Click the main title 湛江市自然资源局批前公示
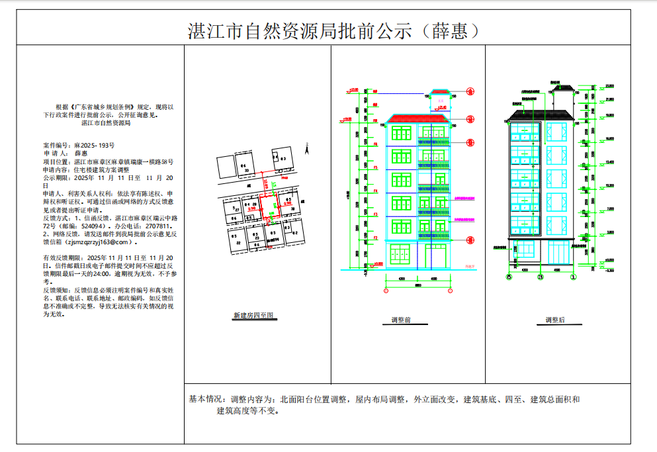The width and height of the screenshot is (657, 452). pos(302,32)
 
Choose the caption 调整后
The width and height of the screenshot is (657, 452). pos(555,320)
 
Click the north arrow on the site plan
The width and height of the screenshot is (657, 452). pos(308,147)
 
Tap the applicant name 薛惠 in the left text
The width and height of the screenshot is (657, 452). pos(81,153)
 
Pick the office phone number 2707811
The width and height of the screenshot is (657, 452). pos(146,226)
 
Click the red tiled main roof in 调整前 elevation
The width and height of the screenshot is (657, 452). pos(419,119)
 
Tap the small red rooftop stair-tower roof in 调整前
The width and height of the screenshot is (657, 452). pos(440,92)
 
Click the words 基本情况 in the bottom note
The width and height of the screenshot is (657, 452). pos(206,400)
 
